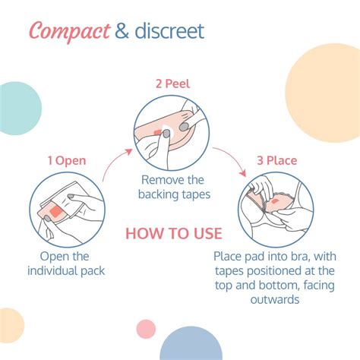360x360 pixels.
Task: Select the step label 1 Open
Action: point(66,160)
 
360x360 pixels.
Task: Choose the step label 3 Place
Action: point(276,160)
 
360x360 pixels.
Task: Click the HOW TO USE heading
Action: point(173,232)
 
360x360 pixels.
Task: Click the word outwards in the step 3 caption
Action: point(277,299)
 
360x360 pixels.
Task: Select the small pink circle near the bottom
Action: point(145,329)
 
